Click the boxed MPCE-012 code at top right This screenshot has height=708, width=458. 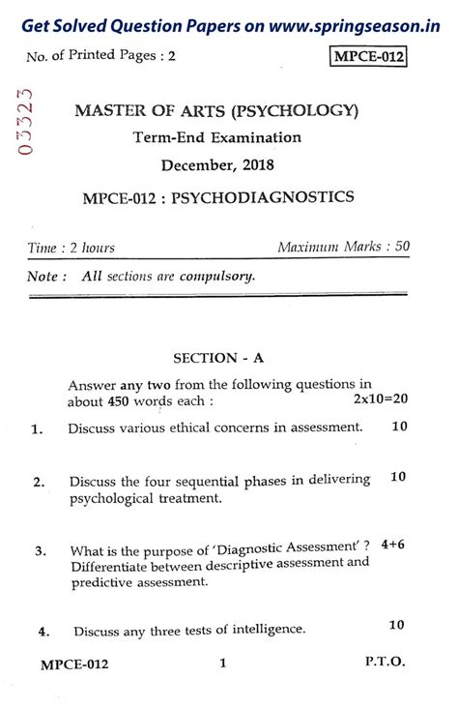[x=368, y=58]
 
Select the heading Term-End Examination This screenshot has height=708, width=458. [x=217, y=137]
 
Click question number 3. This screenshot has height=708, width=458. [x=41, y=551]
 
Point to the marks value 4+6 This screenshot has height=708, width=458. [x=392, y=545]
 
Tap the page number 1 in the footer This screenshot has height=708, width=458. [x=222, y=664]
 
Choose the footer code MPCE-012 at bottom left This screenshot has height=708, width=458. [x=74, y=664]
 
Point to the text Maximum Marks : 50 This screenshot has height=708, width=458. [x=343, y=247]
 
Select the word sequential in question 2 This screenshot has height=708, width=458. [x=199, y=480]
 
